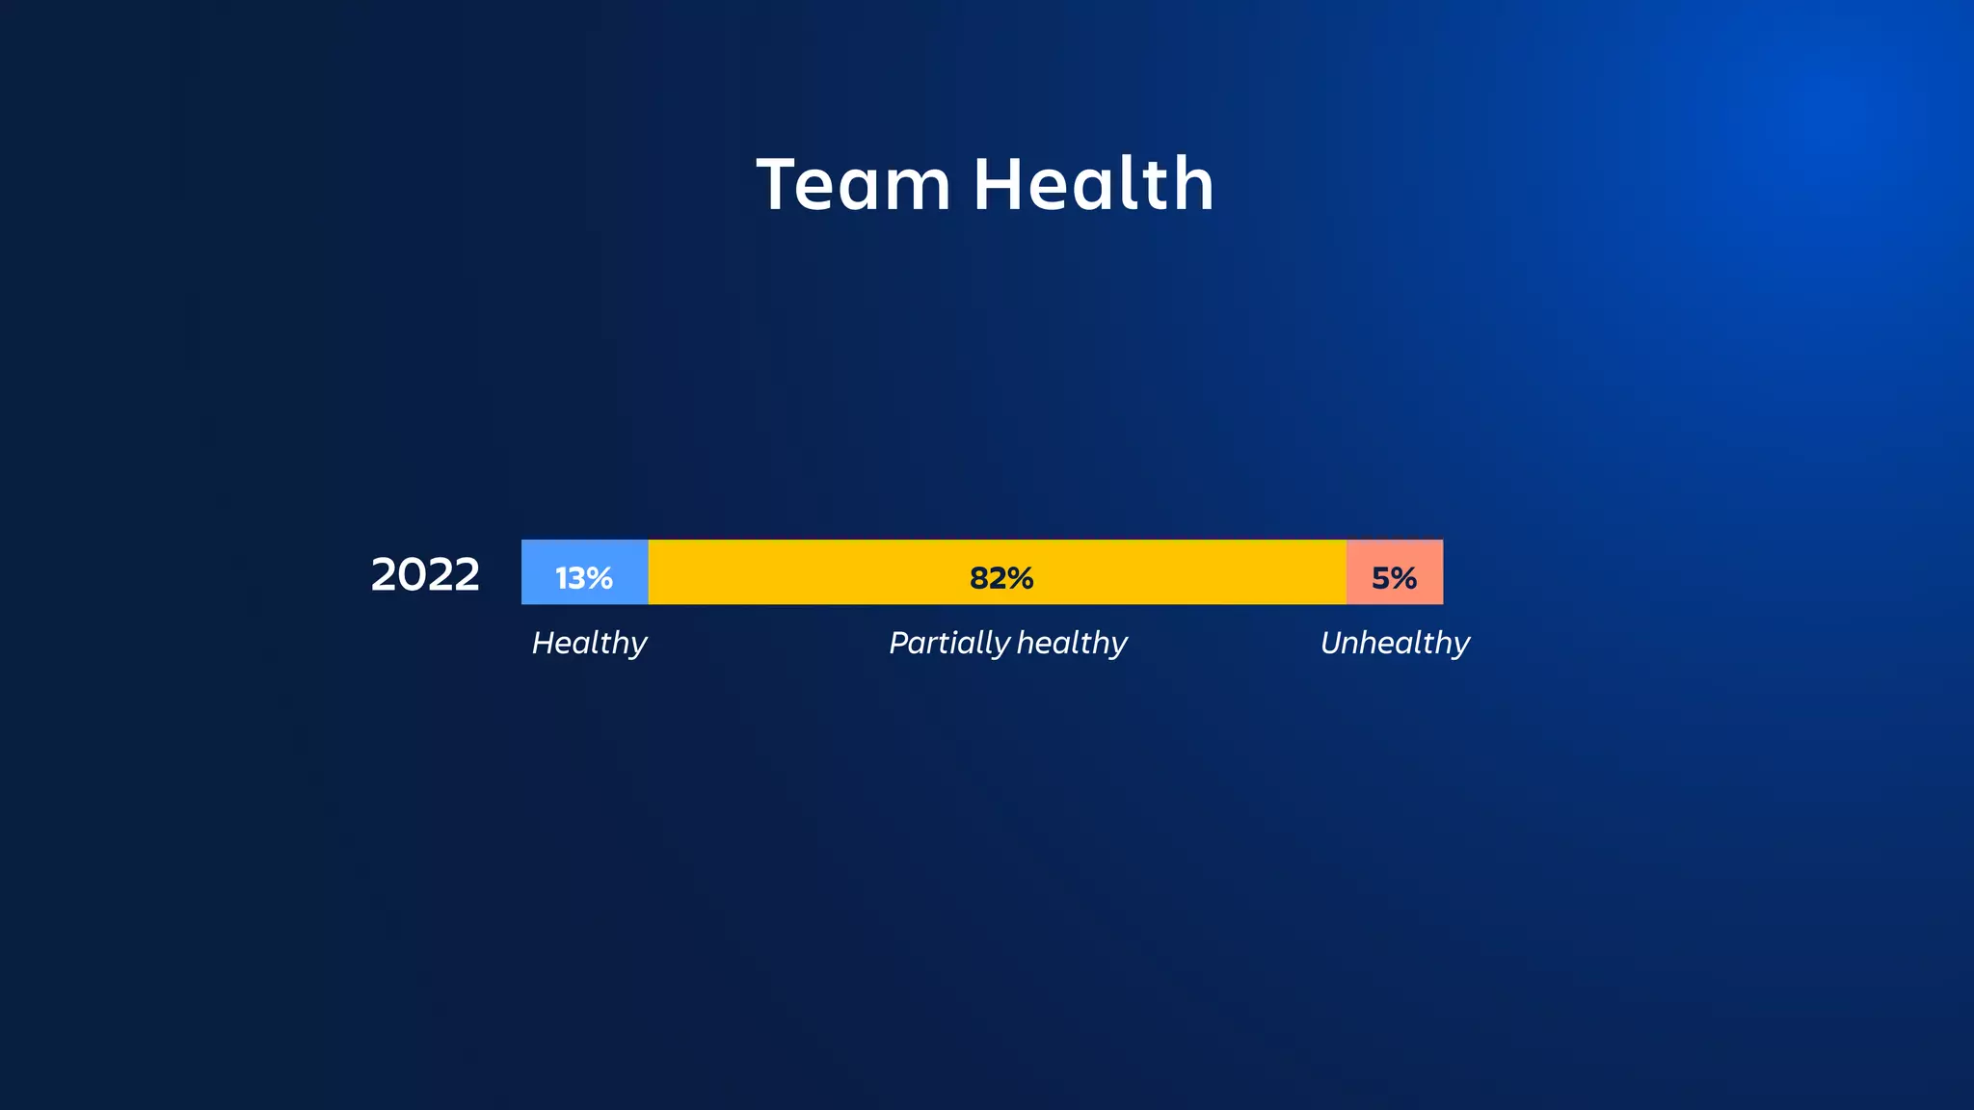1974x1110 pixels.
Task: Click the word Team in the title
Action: click(854, 184)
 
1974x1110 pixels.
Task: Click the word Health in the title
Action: click(1094, 184)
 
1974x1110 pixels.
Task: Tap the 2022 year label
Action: click(425, 574)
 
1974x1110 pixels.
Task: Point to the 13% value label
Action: click(584, 578)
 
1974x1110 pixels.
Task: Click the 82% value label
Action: click(1001, 578)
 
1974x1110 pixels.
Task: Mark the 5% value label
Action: click(1394, 578)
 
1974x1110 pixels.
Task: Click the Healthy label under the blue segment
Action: click(590, 643)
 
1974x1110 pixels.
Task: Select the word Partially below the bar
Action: click(949, 643)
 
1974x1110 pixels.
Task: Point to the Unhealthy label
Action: click(1395, 643)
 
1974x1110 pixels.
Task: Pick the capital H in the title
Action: click(998, 184)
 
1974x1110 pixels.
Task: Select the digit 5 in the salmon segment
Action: click(1381, 578)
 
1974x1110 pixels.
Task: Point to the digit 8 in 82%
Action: click(979, 578)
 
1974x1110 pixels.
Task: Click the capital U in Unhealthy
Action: click(1332, 643)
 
